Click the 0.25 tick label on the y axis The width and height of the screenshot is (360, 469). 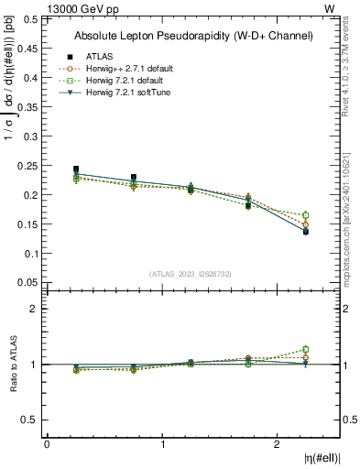(28, 166)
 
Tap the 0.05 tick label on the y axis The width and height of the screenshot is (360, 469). (28, 283)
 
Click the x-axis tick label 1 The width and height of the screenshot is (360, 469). (163, 444)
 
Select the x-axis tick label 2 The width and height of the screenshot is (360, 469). (278, 444)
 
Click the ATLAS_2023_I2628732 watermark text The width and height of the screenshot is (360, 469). (191, 273)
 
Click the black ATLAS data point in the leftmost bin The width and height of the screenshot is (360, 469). (76, 169)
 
